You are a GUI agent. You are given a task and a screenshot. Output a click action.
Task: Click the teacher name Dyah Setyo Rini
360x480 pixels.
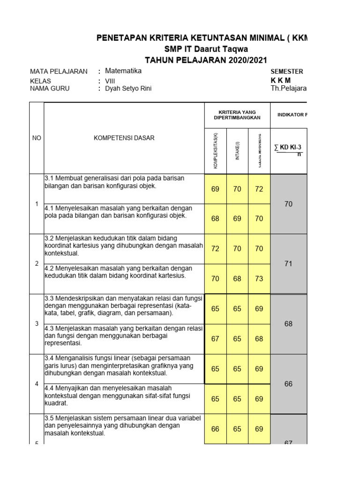tap(128, 89)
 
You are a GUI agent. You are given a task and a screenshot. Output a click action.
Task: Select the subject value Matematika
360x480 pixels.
tap(123, 71)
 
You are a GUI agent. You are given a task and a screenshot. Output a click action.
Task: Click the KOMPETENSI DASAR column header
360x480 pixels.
tap(124, 138)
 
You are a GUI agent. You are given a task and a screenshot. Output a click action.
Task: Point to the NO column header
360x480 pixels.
tap(36, 138)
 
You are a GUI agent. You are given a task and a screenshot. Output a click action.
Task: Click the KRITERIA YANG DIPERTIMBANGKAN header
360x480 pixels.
tap(237, 115)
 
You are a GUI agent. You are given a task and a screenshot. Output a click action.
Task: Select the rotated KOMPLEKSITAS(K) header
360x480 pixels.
tap(216, 151)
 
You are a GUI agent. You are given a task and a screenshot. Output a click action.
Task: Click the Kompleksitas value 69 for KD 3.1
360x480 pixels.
tap(215, 189)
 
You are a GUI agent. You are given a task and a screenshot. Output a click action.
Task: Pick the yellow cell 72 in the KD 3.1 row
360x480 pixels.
tap(259, 189)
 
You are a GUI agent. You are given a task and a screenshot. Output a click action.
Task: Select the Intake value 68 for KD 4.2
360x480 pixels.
tap(237, 279)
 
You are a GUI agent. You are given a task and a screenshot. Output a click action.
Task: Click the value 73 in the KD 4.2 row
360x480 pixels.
tap(259, 279)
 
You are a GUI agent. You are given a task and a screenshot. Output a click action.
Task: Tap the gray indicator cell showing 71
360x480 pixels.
tap(288, 264)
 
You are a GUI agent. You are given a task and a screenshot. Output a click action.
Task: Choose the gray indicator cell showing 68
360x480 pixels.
tap(288, 324)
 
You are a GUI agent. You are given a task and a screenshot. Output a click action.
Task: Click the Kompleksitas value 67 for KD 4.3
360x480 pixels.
tap(215, 339)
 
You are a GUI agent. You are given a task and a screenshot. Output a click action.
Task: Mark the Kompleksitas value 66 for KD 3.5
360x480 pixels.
tap(215, 429)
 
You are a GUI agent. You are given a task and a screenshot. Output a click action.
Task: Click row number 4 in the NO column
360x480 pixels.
tap(36, 384)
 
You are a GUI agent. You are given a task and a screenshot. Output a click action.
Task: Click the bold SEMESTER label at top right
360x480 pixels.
tap(287, 72)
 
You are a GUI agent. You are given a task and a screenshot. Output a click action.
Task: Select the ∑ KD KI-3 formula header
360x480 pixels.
tap(288, 148)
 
